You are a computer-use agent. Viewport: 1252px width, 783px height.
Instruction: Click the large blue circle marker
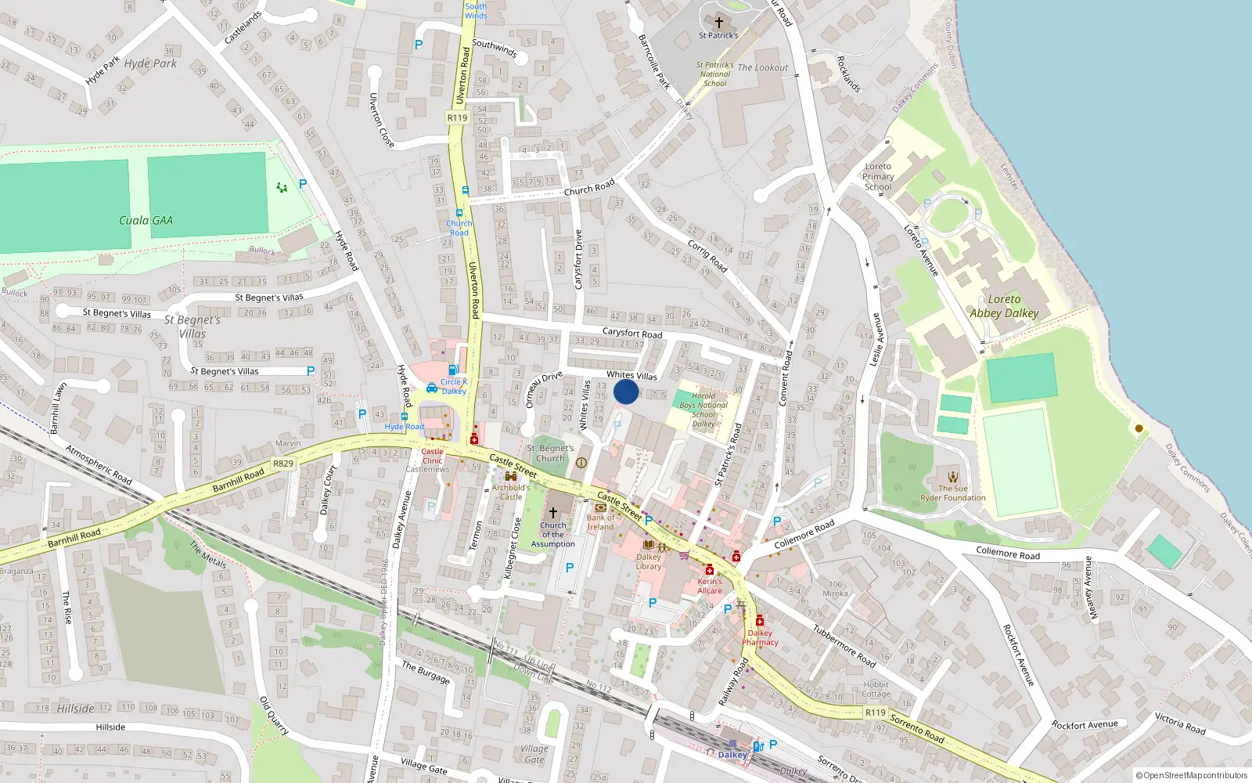pos(626,391)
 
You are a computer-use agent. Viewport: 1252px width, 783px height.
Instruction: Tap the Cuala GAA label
pos(146,221)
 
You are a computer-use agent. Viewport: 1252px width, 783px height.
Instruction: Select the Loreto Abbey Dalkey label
pos(1004,306)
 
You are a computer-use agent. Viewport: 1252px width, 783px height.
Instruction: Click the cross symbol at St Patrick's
pos(718,23)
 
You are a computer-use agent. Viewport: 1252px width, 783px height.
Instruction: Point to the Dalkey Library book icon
pos(648,544)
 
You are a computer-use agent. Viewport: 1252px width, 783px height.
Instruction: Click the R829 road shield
pos(282,464)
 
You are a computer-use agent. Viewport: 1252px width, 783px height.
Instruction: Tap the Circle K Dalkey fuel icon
pos(452,370)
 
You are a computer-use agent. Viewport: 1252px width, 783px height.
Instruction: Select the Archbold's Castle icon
pos(510,476)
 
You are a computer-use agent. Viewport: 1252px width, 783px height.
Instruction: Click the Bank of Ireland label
pos(600,522)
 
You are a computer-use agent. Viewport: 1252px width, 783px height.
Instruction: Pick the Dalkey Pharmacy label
pos(760,637)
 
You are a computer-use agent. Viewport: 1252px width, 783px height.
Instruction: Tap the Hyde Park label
pos(150,63)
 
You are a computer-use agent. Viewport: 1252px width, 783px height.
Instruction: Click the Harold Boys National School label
pos(703,410)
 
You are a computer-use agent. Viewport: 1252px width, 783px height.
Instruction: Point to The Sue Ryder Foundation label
pos(952,493)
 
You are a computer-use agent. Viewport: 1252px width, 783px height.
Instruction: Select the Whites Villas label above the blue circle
pos(631,376)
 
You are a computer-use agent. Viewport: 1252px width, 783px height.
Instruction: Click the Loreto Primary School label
pos(878,176)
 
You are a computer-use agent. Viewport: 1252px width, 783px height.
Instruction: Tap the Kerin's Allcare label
pos(710,586)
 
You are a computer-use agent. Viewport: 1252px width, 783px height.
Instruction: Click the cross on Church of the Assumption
pos(552,512)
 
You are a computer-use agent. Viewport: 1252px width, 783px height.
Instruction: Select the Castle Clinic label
pos(432,456)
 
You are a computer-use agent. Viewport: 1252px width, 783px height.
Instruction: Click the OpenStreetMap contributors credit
pos(1191,775)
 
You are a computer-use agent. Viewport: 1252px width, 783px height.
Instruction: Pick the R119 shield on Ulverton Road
pos(457,117)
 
